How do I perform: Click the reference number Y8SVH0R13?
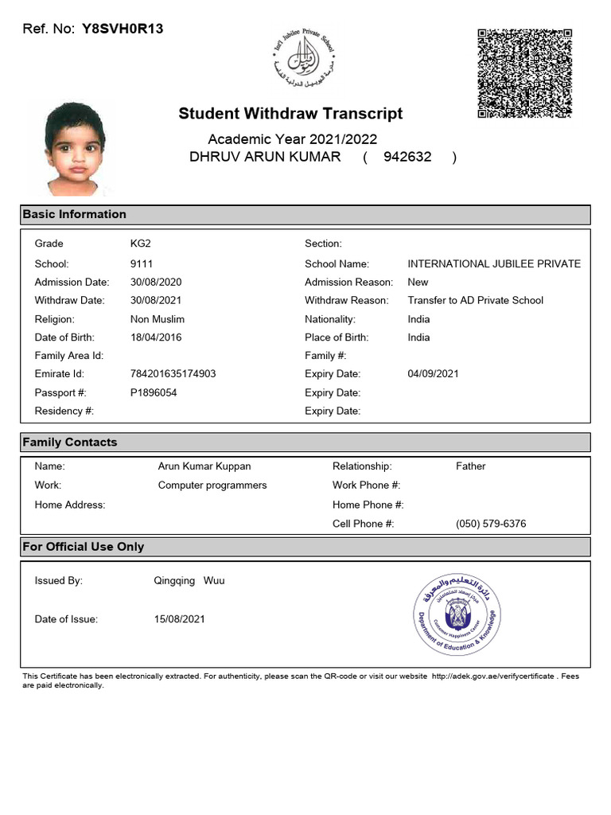pyautogui.click(x=123, y=29)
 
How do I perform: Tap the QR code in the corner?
pyautogui.click(x=524, y=73)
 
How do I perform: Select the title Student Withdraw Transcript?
pyautogui.click(x=290, y=114)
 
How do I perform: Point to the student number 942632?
pyautogui.click(x=407, y=157)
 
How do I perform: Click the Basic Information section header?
pyautogui.click(x=75, y=214)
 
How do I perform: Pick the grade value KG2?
pyautogui.click(x=141, y=244)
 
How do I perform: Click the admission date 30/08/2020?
pyautogui.click(x=156, y=282)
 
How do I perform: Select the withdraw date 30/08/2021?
pyautogui.click(x=156, y=300)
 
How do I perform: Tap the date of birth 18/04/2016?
pyautogui.click(x=156, y=337)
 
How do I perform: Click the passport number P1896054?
pyautogui.click(x=154, y=392)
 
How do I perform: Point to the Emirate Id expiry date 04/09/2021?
pyautogui.click(x=433, y=374)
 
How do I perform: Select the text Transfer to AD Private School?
pyautogui.click(x=475, y=300)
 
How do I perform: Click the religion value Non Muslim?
pyautogui.click(x=158, y=319)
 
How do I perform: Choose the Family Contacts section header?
pyautogui.click(x=70, y=443)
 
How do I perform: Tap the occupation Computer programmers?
pyautogui.click(x=212, y=485)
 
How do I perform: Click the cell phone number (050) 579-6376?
pyautogui.click(x=491, y=524)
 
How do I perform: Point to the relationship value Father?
pyautogui.click(x=470, y=466)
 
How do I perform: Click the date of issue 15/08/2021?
pyautogui.click(x=179, y=619)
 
